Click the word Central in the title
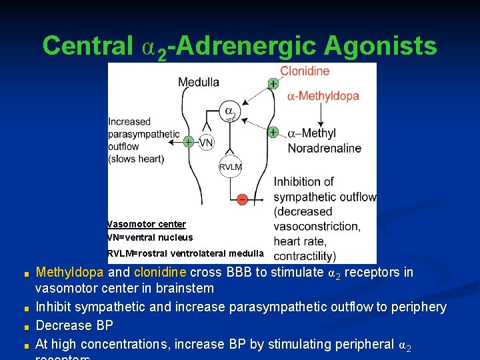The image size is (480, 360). [x=87, y=46]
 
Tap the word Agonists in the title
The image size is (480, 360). [x=381, y=46]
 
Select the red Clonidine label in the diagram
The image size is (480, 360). [x=305, y=71]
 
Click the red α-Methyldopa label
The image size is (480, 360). [x=323, y=96]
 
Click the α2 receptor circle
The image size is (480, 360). [x=230, y=112]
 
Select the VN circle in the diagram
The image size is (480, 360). [x=207, y=142]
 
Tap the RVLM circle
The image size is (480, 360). [x=231, y=167]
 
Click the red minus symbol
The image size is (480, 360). [x=242, y=199]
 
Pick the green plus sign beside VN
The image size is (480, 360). [x=189, y=142]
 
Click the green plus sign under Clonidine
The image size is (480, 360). [x=273, y=83]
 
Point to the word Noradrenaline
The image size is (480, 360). [x=325, y=148]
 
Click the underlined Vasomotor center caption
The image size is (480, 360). [x=147, y=224]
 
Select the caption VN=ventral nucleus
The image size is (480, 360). [x=150, y=237]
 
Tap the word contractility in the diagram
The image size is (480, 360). [x=304, y=256]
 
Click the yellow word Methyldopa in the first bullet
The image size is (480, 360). [x=69, y=272]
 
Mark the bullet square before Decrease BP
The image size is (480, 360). [x=26, y=327]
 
